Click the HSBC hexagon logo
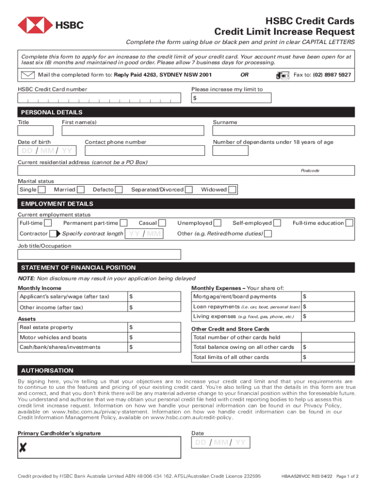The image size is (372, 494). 35,25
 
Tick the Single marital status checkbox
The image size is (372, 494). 42,190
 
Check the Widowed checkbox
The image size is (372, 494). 232,190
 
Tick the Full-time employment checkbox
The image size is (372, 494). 48,223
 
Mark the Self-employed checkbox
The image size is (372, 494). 278,223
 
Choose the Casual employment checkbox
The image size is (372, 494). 162,223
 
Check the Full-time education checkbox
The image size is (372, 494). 349,223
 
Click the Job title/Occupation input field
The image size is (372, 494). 100,255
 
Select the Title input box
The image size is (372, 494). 35,131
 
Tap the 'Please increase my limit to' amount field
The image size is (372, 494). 232,98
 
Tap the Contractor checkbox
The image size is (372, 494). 53,234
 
